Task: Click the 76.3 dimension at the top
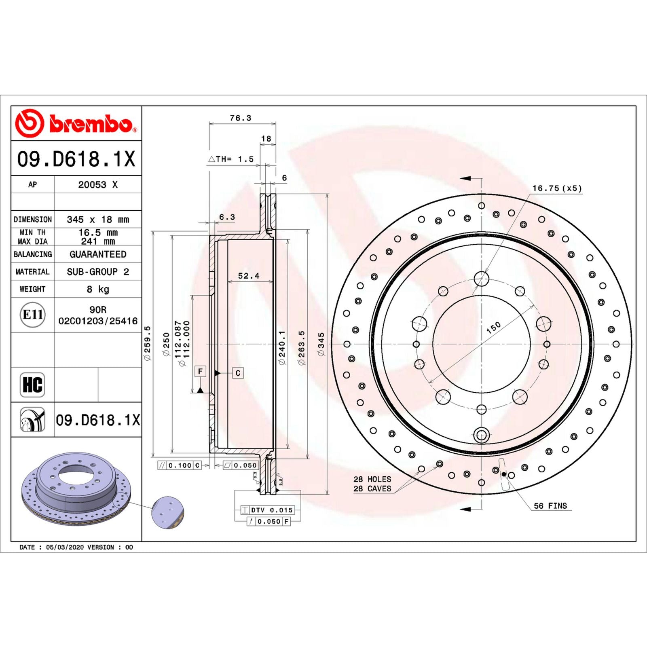click(240, 118)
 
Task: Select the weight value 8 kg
click(97, 289)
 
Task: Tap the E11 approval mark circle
click(32, 315)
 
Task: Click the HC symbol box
click(32, 384)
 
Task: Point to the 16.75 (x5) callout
click(557, 188)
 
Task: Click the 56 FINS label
click(550, 506)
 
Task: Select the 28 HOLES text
click(372, 479)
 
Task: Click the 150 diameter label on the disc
click(493, 327)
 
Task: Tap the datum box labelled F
click(200, 371)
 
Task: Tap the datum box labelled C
click(238, 373)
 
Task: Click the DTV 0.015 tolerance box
click(267, 510)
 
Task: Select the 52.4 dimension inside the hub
click(248, 276)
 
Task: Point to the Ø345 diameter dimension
click(321, 344)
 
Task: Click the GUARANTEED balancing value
click(98, 254)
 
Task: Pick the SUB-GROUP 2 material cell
click(98, 272)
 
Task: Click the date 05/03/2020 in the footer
click(65, 547)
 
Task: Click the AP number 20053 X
click(98, 185)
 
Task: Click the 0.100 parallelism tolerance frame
click(179, 465)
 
